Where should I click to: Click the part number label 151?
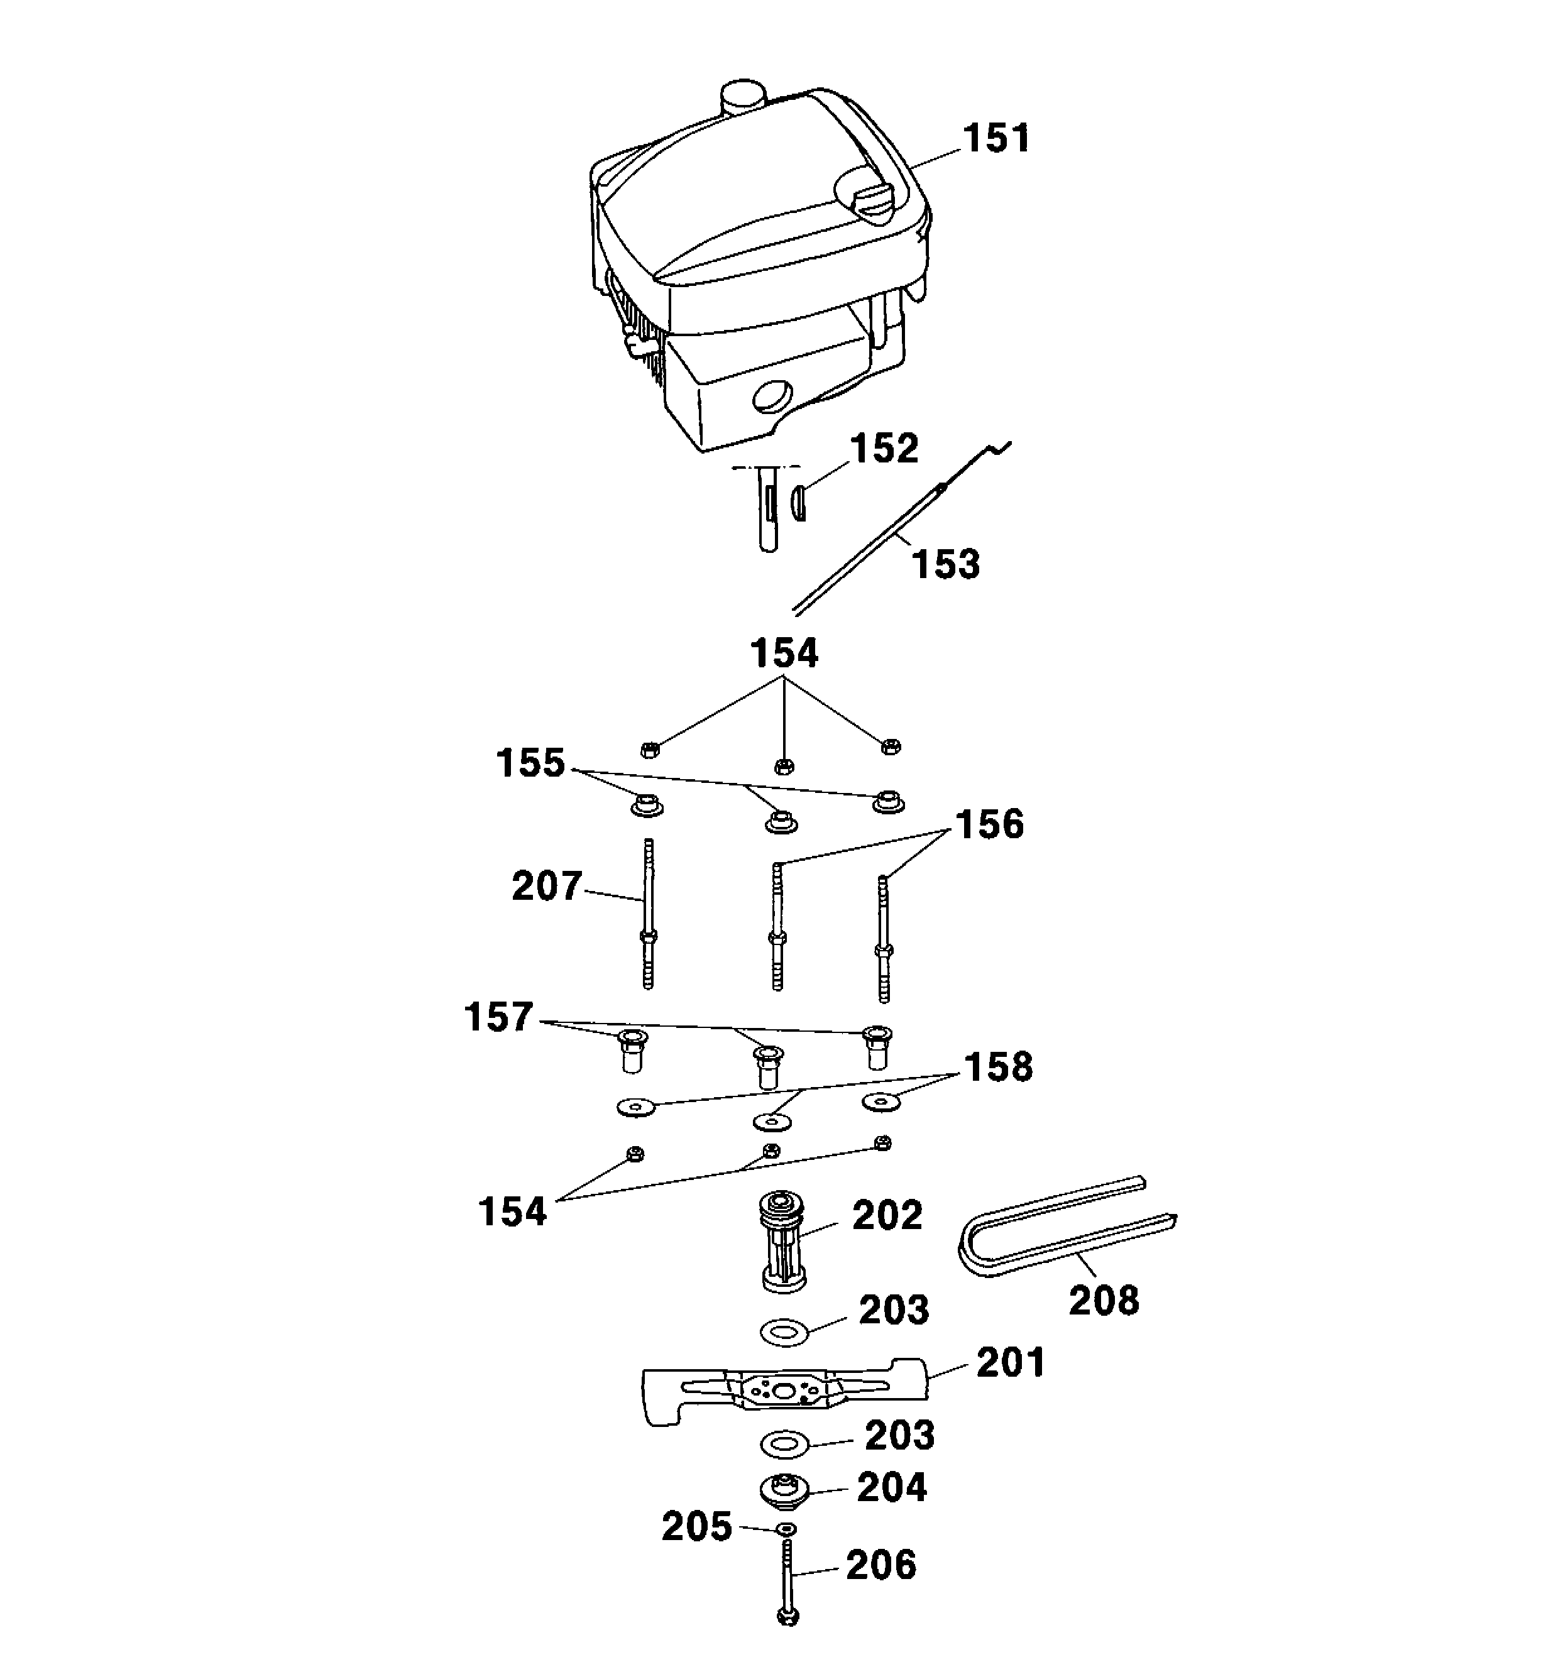click(x=996, y=139)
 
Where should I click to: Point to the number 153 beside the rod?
click(x=946, y=564)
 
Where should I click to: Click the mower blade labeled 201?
click(x=785, y=1392)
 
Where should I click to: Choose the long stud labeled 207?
click(x=647, y=914)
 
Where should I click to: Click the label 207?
click(x=547, y=887)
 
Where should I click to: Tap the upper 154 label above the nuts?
click(x=784, y=653)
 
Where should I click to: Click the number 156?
click(x=989, y=824)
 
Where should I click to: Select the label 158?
click(x=998, y=1068)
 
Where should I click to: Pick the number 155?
click(x=531, y=763)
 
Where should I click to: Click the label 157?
click(x=499, y=1017)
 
